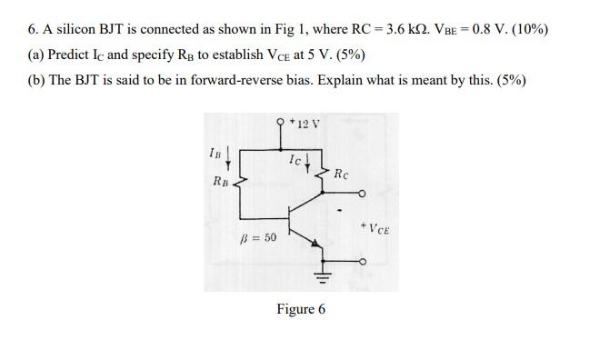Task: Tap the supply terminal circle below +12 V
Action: (282, 122)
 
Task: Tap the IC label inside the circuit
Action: (295, 160)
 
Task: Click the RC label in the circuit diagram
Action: (341, 173)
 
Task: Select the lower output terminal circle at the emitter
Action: (364, 262)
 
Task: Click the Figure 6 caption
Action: (301, 309)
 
